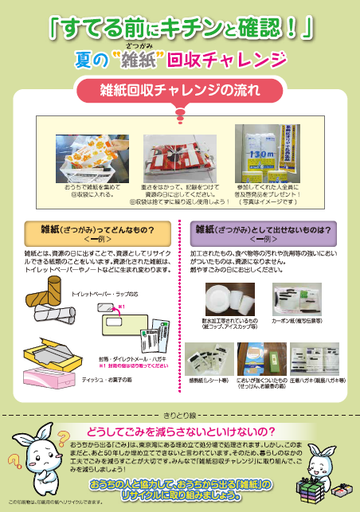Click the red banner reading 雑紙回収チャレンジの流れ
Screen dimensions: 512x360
[x=180, y=88]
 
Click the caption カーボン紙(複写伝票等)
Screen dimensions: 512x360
[x=296, y=319]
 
